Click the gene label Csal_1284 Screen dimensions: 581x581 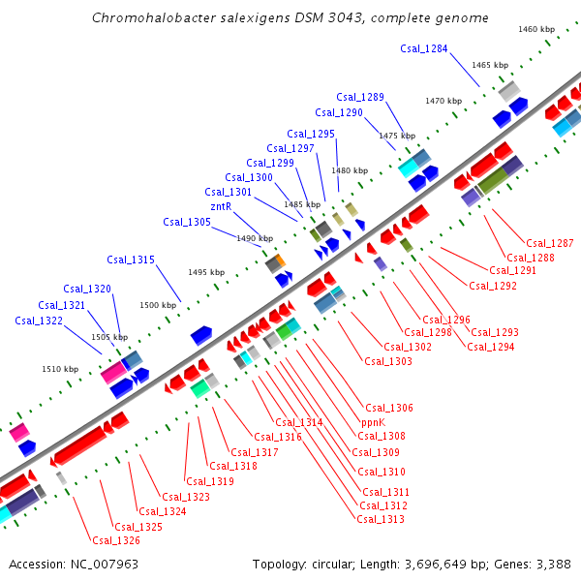(x=423, y=48)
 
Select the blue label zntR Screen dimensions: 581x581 (x=221, y=206)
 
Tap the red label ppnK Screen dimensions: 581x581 (x=374, y=422)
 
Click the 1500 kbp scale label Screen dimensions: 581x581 (x=159, y=305)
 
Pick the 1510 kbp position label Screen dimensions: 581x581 (x=60, y=369)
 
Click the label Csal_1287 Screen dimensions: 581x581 (x=550, y=243)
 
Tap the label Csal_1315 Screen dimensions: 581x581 (x=131, y=260)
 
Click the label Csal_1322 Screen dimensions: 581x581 (x=39, y=321)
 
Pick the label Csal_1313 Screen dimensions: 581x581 (x=381, y=519)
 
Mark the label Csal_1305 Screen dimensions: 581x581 (x=187, y=222)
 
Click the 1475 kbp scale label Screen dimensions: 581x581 (x=397, y=136)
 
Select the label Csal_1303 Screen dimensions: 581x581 (x=388, y=361)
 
